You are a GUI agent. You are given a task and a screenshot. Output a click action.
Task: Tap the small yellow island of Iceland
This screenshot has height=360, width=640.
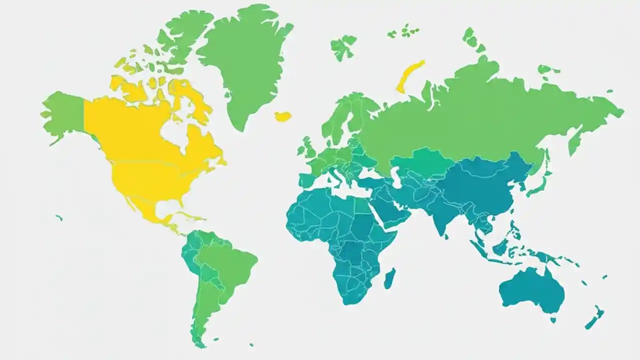[x=283, y=116]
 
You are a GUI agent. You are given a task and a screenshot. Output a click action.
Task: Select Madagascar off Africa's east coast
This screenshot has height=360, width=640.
[x=390, y=278]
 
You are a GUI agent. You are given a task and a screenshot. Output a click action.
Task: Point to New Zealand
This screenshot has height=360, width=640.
[x=595, y=318]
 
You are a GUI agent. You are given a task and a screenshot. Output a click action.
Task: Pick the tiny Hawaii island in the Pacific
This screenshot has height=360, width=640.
[x=59, y=217]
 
